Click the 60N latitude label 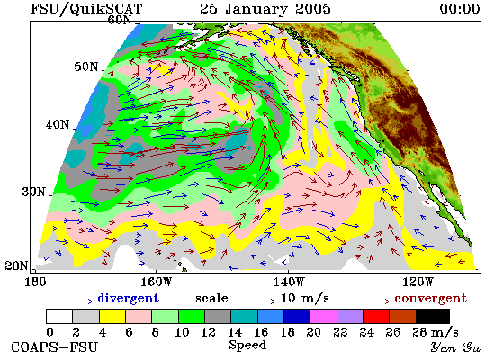click(x=120, y=20)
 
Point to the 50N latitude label click(x=85, y=67)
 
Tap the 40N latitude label click(x=58, y=124)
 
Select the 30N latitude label click(x=33, y=192)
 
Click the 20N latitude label click(x=16, y=265)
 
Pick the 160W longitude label click(x=156, y=282)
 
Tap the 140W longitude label click(x=289, y=282)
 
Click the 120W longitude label click(x=418, y=282)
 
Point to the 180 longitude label click(x=35, y=282)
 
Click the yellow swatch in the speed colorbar click(x=112, y=317)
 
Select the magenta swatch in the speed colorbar click(x=323, y=317)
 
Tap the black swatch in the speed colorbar click(x=433, y=317)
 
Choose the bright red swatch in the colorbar click(x=376, y=317)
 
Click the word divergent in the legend click(x=128, y=298)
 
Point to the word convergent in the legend click(x=430, y=298)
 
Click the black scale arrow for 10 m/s click(x=255, y=301)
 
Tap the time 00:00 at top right click(x=460, y=8)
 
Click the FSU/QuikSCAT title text click(x=86, y=9)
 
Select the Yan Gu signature click(x=456, y=347)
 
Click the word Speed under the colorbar click(x=247, y=345)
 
